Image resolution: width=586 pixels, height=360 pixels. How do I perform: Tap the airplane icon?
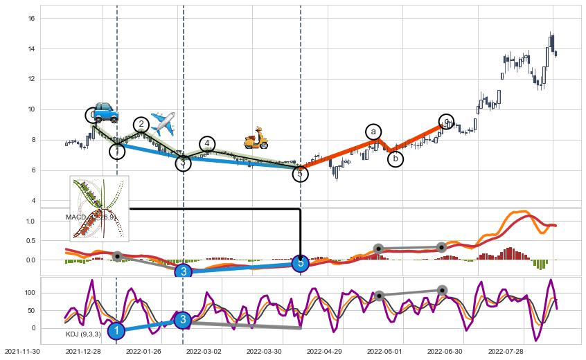[162, 123]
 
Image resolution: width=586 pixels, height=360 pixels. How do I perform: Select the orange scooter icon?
[256, 138]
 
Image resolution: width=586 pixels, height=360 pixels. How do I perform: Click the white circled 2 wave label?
[141, 125]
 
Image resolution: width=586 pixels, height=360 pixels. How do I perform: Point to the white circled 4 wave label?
[207, 144]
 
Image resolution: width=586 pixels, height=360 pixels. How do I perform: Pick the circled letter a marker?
[373, 132]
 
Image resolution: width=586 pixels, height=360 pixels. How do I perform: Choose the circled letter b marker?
[395, 159]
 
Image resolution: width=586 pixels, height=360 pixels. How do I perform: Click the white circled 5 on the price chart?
[299, 174]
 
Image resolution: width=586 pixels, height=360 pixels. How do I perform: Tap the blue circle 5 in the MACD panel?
[299, 263]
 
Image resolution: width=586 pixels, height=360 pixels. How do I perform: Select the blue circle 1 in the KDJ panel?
[116, 332]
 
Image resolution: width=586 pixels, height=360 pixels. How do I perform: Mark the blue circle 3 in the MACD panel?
[183, 271]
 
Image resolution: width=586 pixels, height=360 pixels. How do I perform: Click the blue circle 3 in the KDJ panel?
[182, 320]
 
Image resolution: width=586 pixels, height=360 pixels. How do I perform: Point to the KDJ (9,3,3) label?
[83, 334]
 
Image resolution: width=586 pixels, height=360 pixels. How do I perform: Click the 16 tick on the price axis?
[31, 18]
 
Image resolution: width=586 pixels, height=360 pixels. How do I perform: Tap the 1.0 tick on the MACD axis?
[29, 222]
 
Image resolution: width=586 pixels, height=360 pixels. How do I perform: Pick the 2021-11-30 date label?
[24, 352]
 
